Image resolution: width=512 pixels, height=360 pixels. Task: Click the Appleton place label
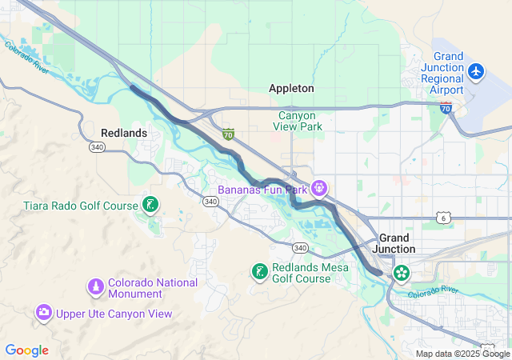click(291, 88)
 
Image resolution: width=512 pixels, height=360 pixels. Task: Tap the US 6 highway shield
click(442, 218)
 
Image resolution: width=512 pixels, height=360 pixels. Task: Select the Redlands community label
click(124, 132)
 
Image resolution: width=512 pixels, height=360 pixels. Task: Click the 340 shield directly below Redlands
click(97, 147)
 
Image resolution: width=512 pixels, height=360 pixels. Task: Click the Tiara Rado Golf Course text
click(81, 206)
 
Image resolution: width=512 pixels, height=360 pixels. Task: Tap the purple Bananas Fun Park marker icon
click(320, 189)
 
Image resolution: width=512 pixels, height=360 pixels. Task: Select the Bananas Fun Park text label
click(262, 190)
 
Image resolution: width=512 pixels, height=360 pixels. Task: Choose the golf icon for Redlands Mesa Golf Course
click(259, 272)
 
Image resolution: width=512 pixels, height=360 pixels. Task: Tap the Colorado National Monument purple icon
click(95, 286)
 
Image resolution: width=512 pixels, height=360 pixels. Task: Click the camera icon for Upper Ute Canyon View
click(44, 313)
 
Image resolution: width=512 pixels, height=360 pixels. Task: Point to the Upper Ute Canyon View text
click(113, 314)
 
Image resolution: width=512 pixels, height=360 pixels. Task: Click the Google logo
click(26, 350)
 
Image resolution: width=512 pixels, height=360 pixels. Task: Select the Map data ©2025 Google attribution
click(462, 354)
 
